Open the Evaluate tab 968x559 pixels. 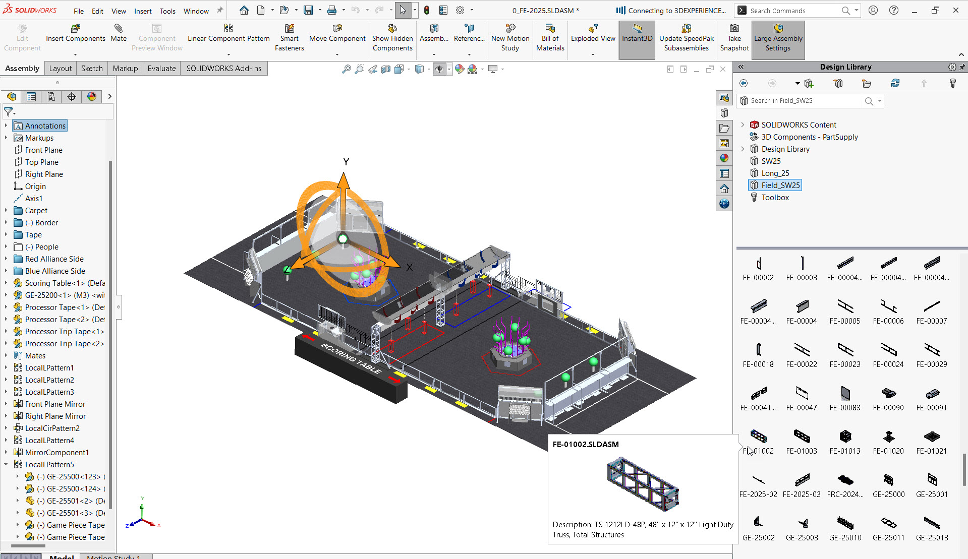click(161, 69)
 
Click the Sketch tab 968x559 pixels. click(92, 69)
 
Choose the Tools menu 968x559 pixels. click(167, 11)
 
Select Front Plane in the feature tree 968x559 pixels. click(44, 150)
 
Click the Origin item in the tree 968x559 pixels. click(35, 187)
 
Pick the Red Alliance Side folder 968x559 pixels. click(54, 259)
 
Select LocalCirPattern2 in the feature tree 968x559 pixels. click(52, 428)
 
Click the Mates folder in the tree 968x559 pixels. click(35, 356)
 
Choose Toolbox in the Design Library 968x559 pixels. click(775, 198)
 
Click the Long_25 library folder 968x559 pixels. click(775, 173)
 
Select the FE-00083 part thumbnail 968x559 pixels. click(845, 394)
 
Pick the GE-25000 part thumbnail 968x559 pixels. click(888, 480)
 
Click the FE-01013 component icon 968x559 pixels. click(845, 437)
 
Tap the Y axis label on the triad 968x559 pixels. click(346, 162)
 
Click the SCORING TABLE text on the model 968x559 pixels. click(352, 358)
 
